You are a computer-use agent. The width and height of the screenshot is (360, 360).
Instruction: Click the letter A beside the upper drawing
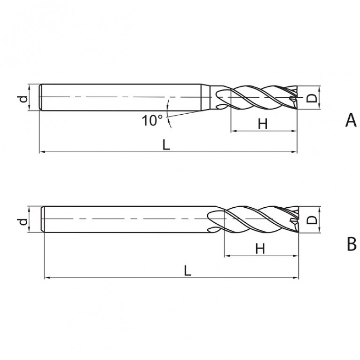[x=351, y=120]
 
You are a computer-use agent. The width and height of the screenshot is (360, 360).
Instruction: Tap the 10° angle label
[x=152, y=120]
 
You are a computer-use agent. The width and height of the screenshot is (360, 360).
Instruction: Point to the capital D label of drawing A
[x=312, y=98]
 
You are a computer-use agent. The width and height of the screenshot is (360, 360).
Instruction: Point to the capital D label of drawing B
[x=312, y=220]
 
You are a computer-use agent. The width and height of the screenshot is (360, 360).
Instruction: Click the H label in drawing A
[x=263, y=124]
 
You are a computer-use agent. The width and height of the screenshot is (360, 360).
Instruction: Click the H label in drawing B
[x=260, y=249]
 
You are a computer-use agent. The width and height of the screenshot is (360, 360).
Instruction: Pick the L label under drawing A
[x=166, y=145]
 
